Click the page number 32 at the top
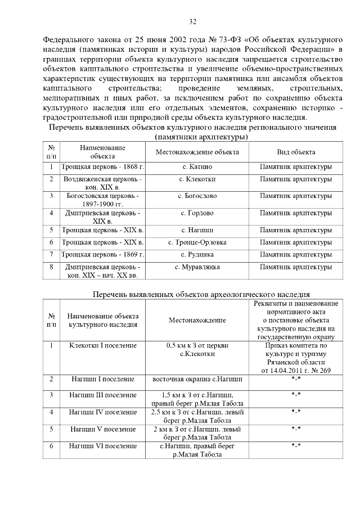pyautogui.click(x=192, y=22)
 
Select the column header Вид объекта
pyautogui.click(x=296, y=152)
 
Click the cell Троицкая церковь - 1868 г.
pyautogui.click(x=103, y=167)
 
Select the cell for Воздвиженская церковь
pyautogui.click(x=103, y=182)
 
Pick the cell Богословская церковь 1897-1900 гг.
pyautogui.click(x=103, y=200)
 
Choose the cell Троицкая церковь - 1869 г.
pyautogui.click(x=103, y=255)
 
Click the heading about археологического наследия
pyautogui.click(x=201, y=294)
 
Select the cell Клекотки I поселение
pyautogui.click(x=103, y=345)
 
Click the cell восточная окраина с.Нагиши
pyautogui.click(x=197, y=380)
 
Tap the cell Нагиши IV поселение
pyautogui.click(x=103, y=412)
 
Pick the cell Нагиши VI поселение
pyautogui.click(x=103, y=446)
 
